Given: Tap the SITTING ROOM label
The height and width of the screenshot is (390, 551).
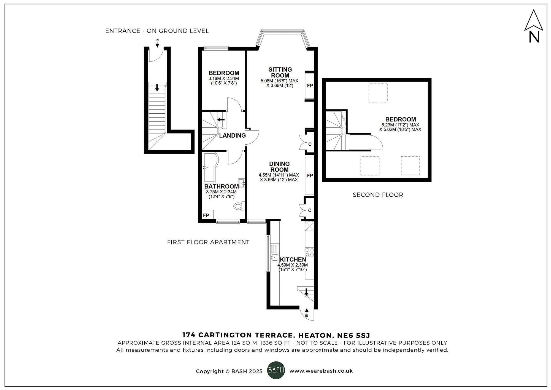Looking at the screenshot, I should click(280, 72).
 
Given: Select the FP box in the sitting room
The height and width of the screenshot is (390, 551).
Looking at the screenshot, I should click(310, 86).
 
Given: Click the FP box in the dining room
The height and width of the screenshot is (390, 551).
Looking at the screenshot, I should click(310, 175).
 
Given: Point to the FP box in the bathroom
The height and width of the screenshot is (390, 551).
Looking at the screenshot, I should click(206, 215).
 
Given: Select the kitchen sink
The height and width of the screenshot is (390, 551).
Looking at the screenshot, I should click(274, 257).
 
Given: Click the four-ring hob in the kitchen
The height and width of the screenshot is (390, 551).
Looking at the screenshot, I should click(310, 252).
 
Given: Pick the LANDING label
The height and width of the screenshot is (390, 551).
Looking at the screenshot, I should click(232, 135).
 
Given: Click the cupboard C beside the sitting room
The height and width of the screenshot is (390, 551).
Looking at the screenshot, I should click(310, 144).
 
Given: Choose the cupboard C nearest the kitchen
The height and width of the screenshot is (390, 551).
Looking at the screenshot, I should click(310, 210).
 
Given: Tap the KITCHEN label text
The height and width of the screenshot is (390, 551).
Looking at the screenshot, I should click(293, 260).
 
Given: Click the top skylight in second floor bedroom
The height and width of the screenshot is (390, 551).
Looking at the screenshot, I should click(378, 93).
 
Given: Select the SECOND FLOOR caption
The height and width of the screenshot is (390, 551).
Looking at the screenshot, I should click(378, 195).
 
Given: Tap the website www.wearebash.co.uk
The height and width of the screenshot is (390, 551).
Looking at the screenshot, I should click(321, 371).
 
